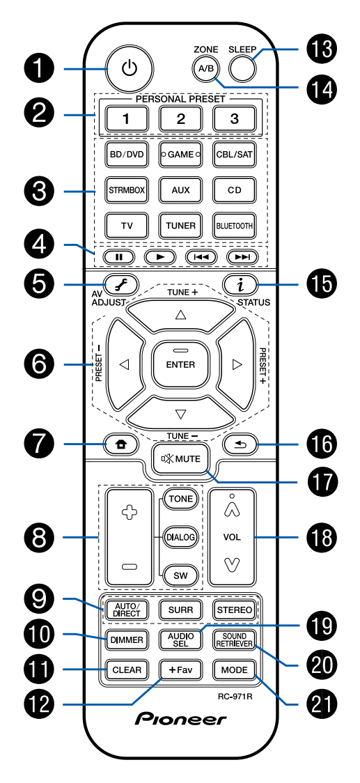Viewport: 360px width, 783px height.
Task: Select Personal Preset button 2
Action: (180, 118)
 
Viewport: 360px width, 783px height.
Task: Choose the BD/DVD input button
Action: (126, 155)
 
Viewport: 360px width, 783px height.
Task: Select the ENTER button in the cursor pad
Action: (180, 364)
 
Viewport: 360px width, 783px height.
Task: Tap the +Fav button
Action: (180, 670)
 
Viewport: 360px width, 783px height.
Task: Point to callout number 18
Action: (321, 536)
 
